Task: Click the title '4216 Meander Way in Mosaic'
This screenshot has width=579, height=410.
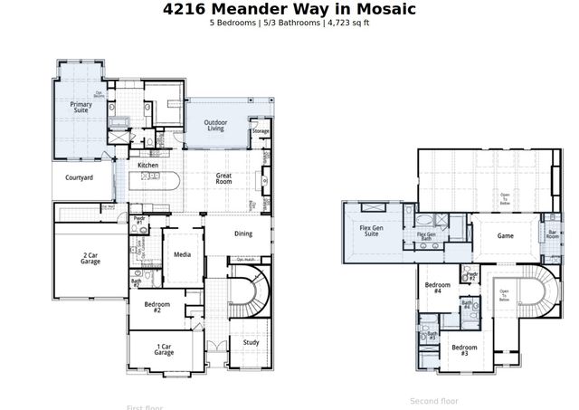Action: click(289, 9)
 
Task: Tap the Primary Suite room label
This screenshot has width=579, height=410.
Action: click(81, 108)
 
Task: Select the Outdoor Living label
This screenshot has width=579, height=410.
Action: click(215, 125)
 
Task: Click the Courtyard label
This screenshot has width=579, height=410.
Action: click(80, 178)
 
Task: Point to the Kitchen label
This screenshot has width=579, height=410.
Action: click(148, 166)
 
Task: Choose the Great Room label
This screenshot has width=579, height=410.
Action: click(224, 178)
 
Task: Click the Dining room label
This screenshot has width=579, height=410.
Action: click(243, 234)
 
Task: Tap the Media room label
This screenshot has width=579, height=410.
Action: click(182, 255)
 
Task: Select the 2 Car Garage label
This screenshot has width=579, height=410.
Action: click(89, 259)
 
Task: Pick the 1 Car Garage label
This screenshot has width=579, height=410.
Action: click(164, 348)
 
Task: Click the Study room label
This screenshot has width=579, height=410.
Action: click(251, 342)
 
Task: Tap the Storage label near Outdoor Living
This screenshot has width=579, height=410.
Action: click(261, 131)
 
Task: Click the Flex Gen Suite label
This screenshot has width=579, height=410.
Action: click(371, 230)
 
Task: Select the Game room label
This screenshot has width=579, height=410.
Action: click(506, 235)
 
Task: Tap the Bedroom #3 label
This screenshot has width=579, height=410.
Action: click(464, 349)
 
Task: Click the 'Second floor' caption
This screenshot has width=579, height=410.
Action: click(434, 400)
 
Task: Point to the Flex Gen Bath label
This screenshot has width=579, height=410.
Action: click(431, 237)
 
